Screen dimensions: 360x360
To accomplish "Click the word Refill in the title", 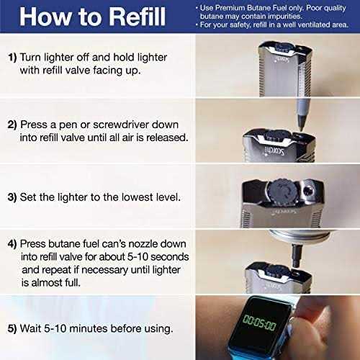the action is click(x=138, y=17).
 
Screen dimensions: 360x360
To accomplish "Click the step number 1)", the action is click(x=12, y=58).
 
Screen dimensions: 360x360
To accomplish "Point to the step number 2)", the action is click(x=12, y=125).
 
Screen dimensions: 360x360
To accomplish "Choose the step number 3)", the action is click(x=12, y=197).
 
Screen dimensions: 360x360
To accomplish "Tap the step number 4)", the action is click(x=12, y=244).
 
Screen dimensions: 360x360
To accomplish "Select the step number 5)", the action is click(x=12, y=328).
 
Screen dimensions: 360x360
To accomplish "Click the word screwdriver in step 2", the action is click(x=121, y=125).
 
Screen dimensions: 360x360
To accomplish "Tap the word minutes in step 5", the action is click(x=89, y=328).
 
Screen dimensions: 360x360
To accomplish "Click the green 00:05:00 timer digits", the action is click(x=259, y=323).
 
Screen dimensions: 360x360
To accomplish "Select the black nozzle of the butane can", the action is click(x=296, y=256).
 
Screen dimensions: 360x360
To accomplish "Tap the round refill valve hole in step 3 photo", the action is click(x=307, y=192).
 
